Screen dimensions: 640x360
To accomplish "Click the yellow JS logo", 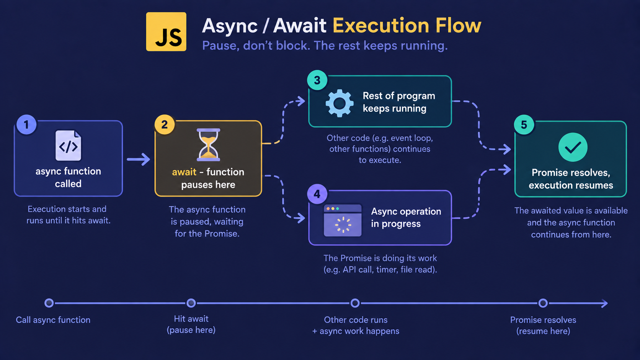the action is pos(166,32).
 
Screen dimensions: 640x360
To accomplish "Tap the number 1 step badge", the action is pos(26,124).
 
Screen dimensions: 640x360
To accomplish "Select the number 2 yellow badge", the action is pos(165,124).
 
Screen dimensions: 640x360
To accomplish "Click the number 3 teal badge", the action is pos(317,80).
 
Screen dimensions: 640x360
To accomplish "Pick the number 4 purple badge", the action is pos(317,194).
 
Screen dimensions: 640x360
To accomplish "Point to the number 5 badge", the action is pos(524,125).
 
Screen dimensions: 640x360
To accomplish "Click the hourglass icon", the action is pos(209,145).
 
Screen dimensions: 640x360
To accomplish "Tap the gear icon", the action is pos(340,103).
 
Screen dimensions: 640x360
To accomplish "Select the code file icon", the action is pos(68,146).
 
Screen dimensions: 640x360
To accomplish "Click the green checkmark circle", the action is pos(573,147).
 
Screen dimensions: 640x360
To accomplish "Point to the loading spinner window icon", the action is pos(343,220).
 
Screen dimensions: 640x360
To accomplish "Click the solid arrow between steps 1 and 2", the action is pos(138,159).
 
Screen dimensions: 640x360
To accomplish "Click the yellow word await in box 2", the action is pos(184,172).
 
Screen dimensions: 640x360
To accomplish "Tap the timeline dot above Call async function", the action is pos(49,303).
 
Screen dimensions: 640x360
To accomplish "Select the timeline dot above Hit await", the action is pos(191,303).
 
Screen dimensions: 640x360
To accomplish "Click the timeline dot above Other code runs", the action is pos(355,303).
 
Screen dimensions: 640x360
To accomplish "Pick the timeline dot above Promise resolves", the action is pos(543,303).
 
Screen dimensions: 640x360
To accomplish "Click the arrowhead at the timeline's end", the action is pos(604,303).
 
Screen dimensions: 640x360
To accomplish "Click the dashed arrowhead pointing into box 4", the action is pos(300,218).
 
